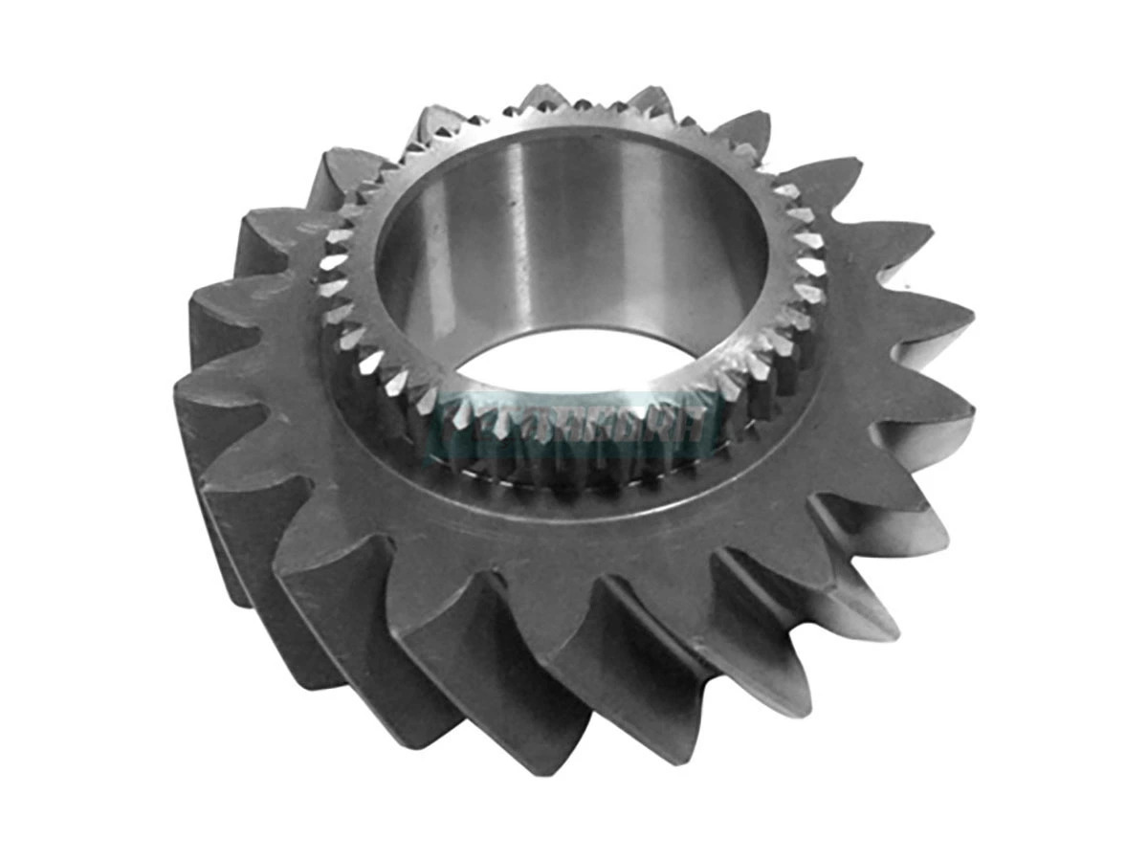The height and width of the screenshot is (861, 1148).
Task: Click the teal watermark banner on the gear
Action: coord(574,422)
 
